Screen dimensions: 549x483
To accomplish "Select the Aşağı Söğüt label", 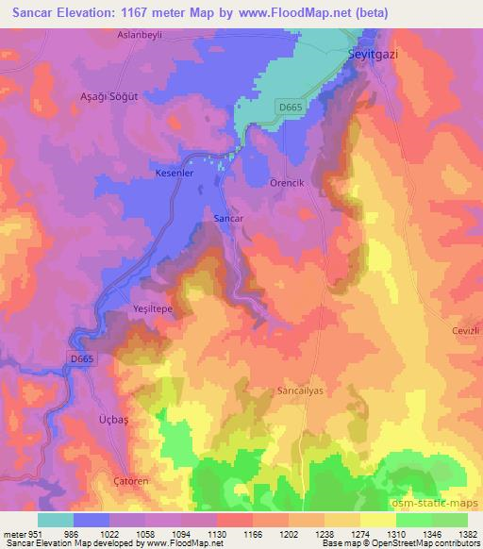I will (x=107, y=97).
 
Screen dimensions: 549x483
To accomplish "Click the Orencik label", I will (x=287, y=182).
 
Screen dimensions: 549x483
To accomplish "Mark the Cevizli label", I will (x=461, y=331).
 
